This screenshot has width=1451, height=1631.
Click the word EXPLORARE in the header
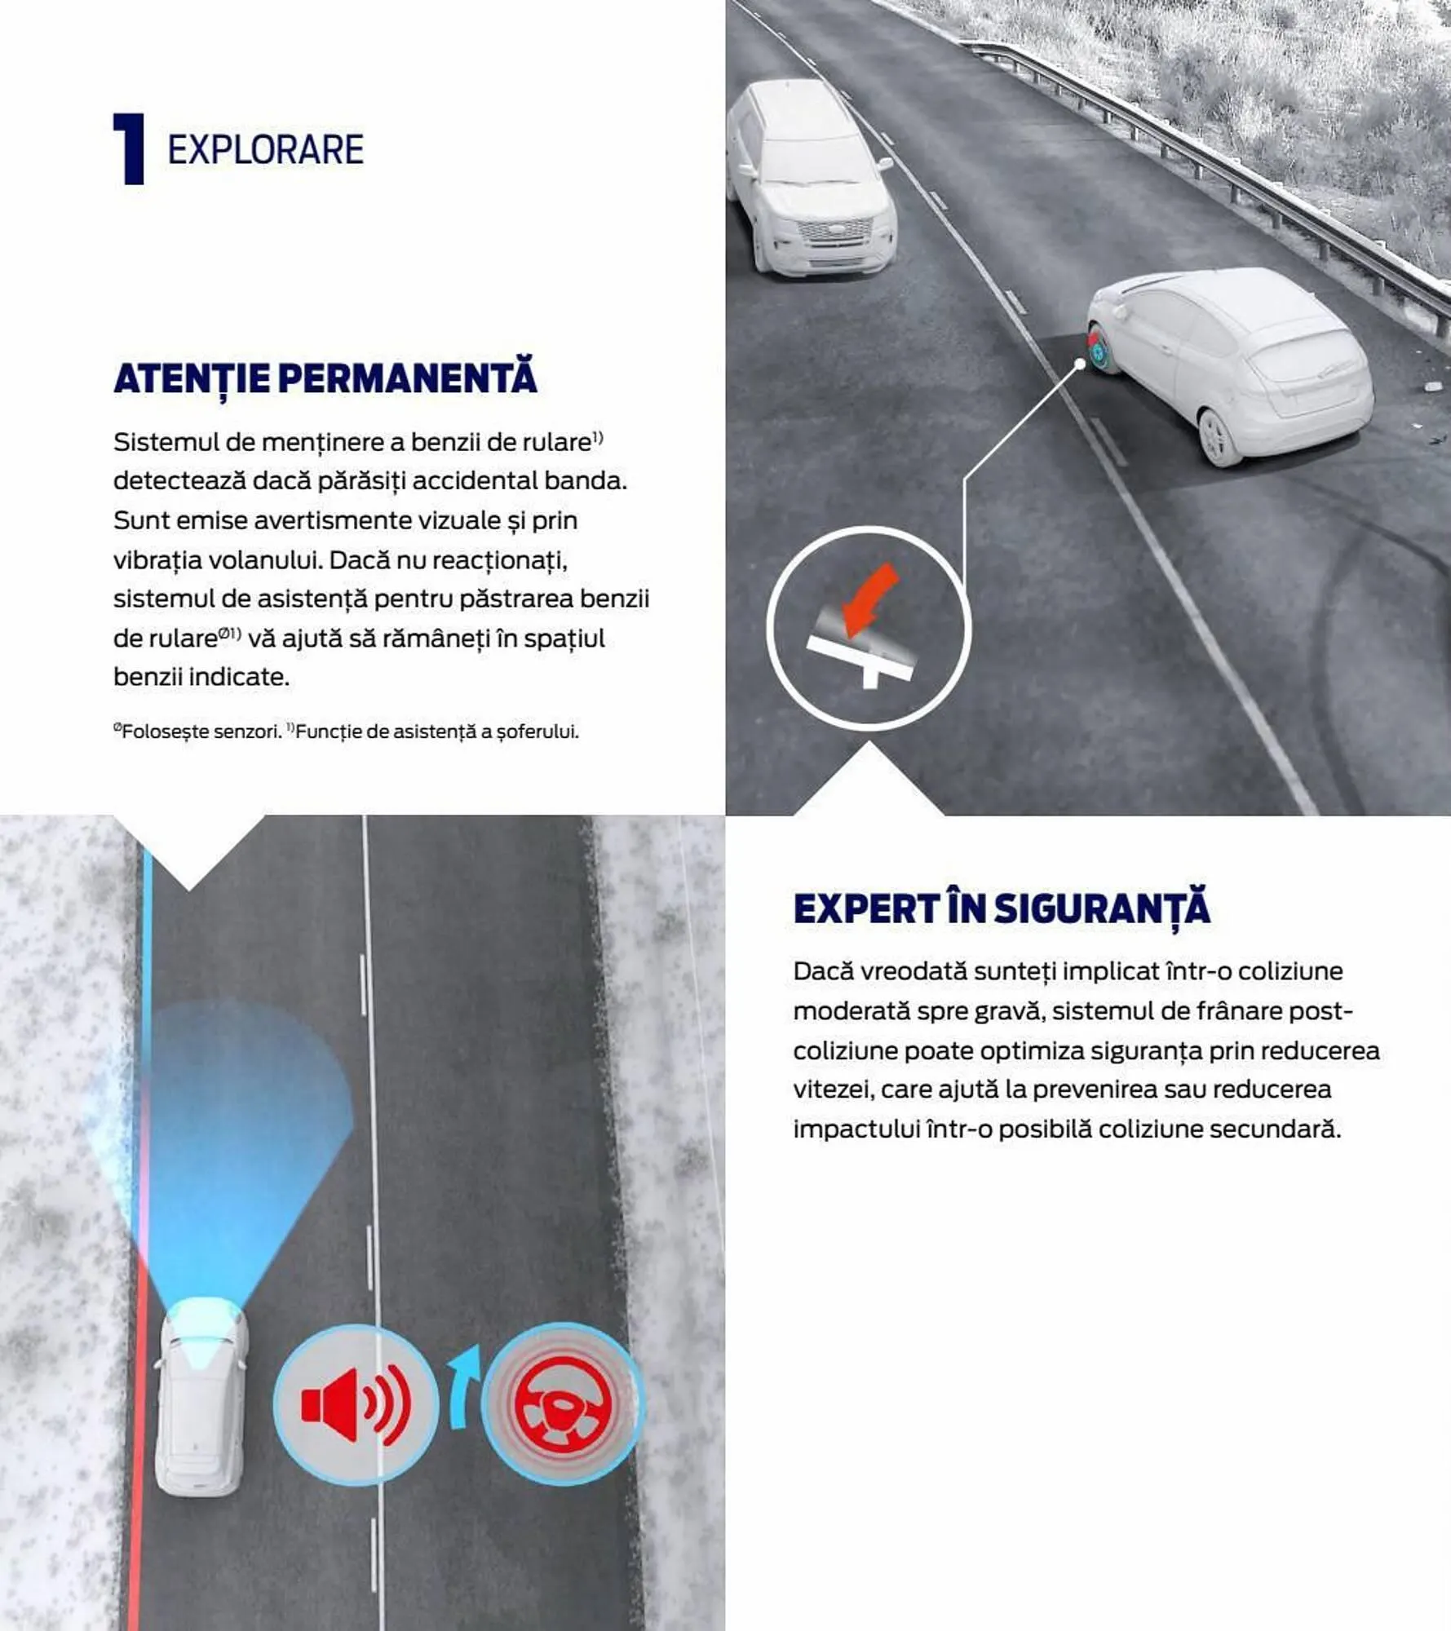(265, 150)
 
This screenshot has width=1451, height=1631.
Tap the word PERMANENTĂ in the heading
(407, 378)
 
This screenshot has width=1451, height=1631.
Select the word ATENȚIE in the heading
(192, 378)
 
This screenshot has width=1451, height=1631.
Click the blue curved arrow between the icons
(463, 1395)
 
